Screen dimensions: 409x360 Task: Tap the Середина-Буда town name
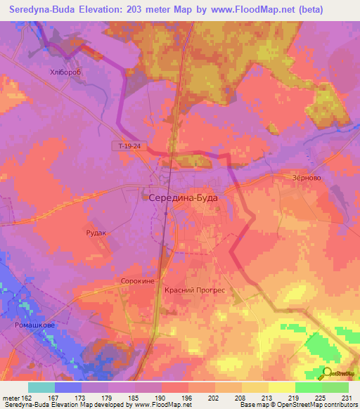pyautogui.click(x=184, y=198)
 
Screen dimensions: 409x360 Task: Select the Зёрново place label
pyautogui.click(x=307, y=178)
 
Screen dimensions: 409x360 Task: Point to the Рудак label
pyautogui.click(x=96, y=233)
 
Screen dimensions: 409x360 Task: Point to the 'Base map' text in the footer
pyautogui.click(x=255, y=405)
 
